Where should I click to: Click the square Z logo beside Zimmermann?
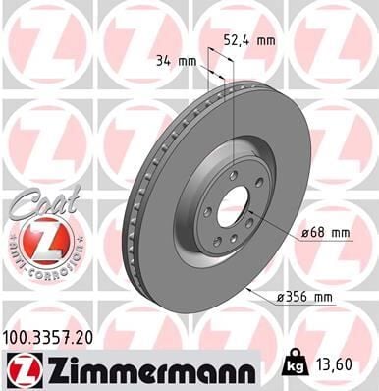point(20,369)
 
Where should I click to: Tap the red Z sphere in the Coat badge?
point(36,240)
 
